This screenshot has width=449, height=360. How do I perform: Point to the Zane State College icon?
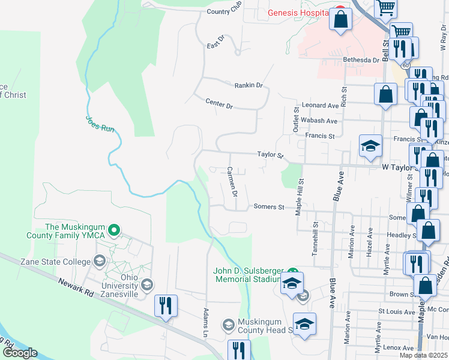[99, 261]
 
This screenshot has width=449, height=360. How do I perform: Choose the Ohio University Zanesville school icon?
[145, 284]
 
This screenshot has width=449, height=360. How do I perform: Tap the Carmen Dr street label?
[232, 182]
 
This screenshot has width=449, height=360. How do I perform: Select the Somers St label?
[268, 207]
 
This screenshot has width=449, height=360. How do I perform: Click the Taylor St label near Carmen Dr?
[270, 155]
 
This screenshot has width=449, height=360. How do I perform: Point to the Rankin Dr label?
[249, 86]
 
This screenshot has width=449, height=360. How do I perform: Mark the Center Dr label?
[218, 103]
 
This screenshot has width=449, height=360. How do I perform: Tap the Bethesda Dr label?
[361, 60]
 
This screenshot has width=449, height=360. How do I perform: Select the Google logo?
[20, 352]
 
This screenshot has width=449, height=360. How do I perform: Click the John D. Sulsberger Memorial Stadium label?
[249, 275]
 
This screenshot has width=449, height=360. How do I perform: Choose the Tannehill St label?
[314, 239]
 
